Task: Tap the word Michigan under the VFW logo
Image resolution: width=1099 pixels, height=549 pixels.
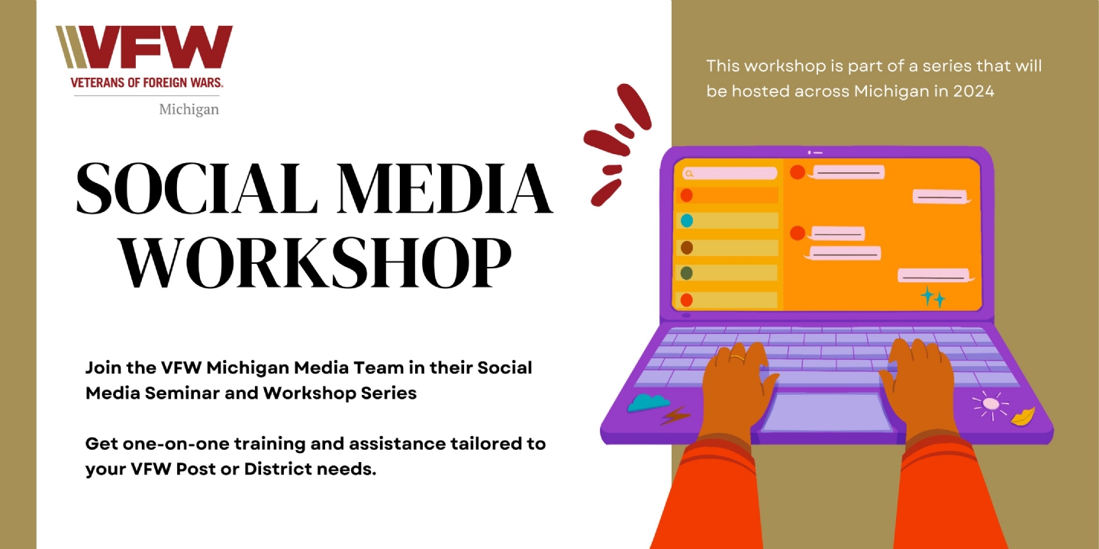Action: tap(189, 109)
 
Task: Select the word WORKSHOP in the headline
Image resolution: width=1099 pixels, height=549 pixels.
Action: tap(316, 263)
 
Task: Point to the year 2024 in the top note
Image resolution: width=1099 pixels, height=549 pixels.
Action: tap(974, 91)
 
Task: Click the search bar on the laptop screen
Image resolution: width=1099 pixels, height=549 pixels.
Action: tap(730, 173)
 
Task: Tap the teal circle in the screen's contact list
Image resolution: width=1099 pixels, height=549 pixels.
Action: tap(687, 220)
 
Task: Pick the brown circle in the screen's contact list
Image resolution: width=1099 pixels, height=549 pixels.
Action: tap(687, 248)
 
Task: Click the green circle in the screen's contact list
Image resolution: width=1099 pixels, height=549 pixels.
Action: tap(687, 273)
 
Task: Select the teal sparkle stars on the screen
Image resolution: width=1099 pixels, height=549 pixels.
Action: tap(932, 297)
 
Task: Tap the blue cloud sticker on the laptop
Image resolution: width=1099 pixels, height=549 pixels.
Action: tap(648, 403)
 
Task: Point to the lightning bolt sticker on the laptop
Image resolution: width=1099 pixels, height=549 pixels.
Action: tap(675, 415)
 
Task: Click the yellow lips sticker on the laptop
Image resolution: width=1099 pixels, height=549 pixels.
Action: tap(1023, 416)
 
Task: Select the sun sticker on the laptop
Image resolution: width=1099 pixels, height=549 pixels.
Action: tap(991, 404)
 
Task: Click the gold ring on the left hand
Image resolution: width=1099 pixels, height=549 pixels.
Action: tap(737, 358)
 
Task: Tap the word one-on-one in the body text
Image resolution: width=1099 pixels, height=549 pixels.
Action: tap(176, 444)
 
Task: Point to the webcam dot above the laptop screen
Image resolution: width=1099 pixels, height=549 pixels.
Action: tap(810, 152)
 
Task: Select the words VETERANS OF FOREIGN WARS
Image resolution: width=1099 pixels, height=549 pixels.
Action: tap(147, 82)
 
